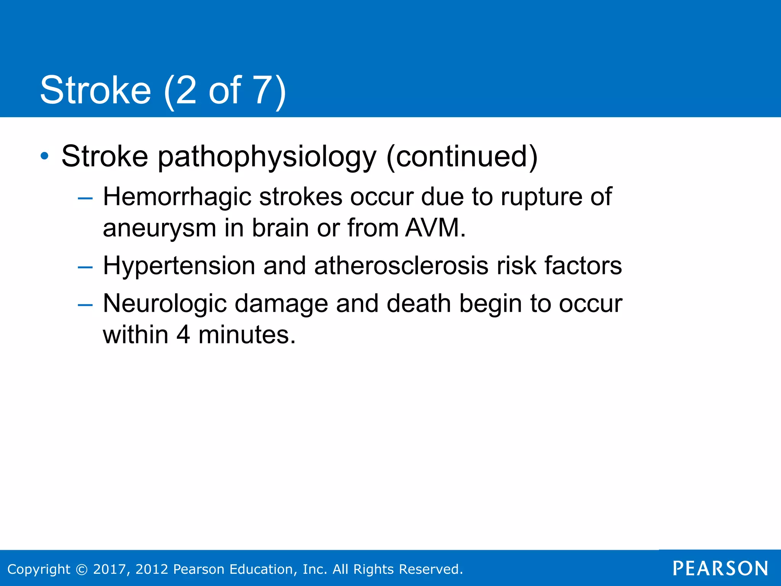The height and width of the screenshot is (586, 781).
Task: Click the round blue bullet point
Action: click(45, 156)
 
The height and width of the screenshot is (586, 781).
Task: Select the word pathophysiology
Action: click(267, 157)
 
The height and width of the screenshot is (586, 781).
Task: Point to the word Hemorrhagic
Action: click(177, 197)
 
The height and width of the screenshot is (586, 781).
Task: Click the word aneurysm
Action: click(159, 228)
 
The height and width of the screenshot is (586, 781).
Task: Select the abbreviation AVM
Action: click(435, 228)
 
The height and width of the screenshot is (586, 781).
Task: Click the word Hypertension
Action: click(179, 266)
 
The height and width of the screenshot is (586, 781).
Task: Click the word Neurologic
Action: click(165, 304)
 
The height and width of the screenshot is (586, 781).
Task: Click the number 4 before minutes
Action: click(183, 335)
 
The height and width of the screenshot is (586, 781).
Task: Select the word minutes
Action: click(247, 335)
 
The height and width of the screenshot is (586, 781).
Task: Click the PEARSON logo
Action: click(720, 568)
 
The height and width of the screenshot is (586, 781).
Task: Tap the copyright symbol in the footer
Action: click(82, 569)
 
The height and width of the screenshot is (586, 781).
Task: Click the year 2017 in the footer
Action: click(109, 569)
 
